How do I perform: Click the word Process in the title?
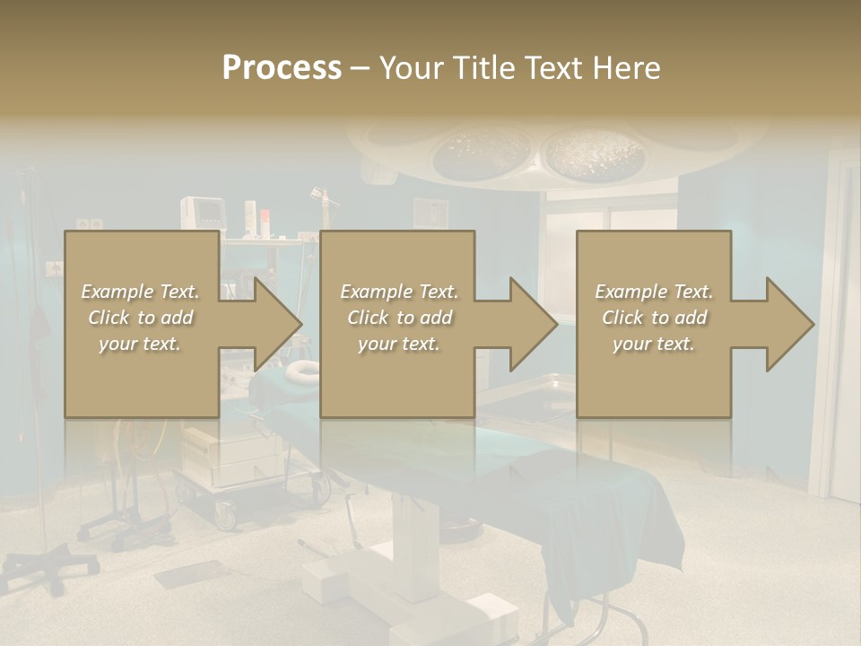282,67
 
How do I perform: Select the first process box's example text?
140,318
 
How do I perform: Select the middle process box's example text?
399,318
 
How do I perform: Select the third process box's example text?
654,318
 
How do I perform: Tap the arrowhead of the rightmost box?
788,324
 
